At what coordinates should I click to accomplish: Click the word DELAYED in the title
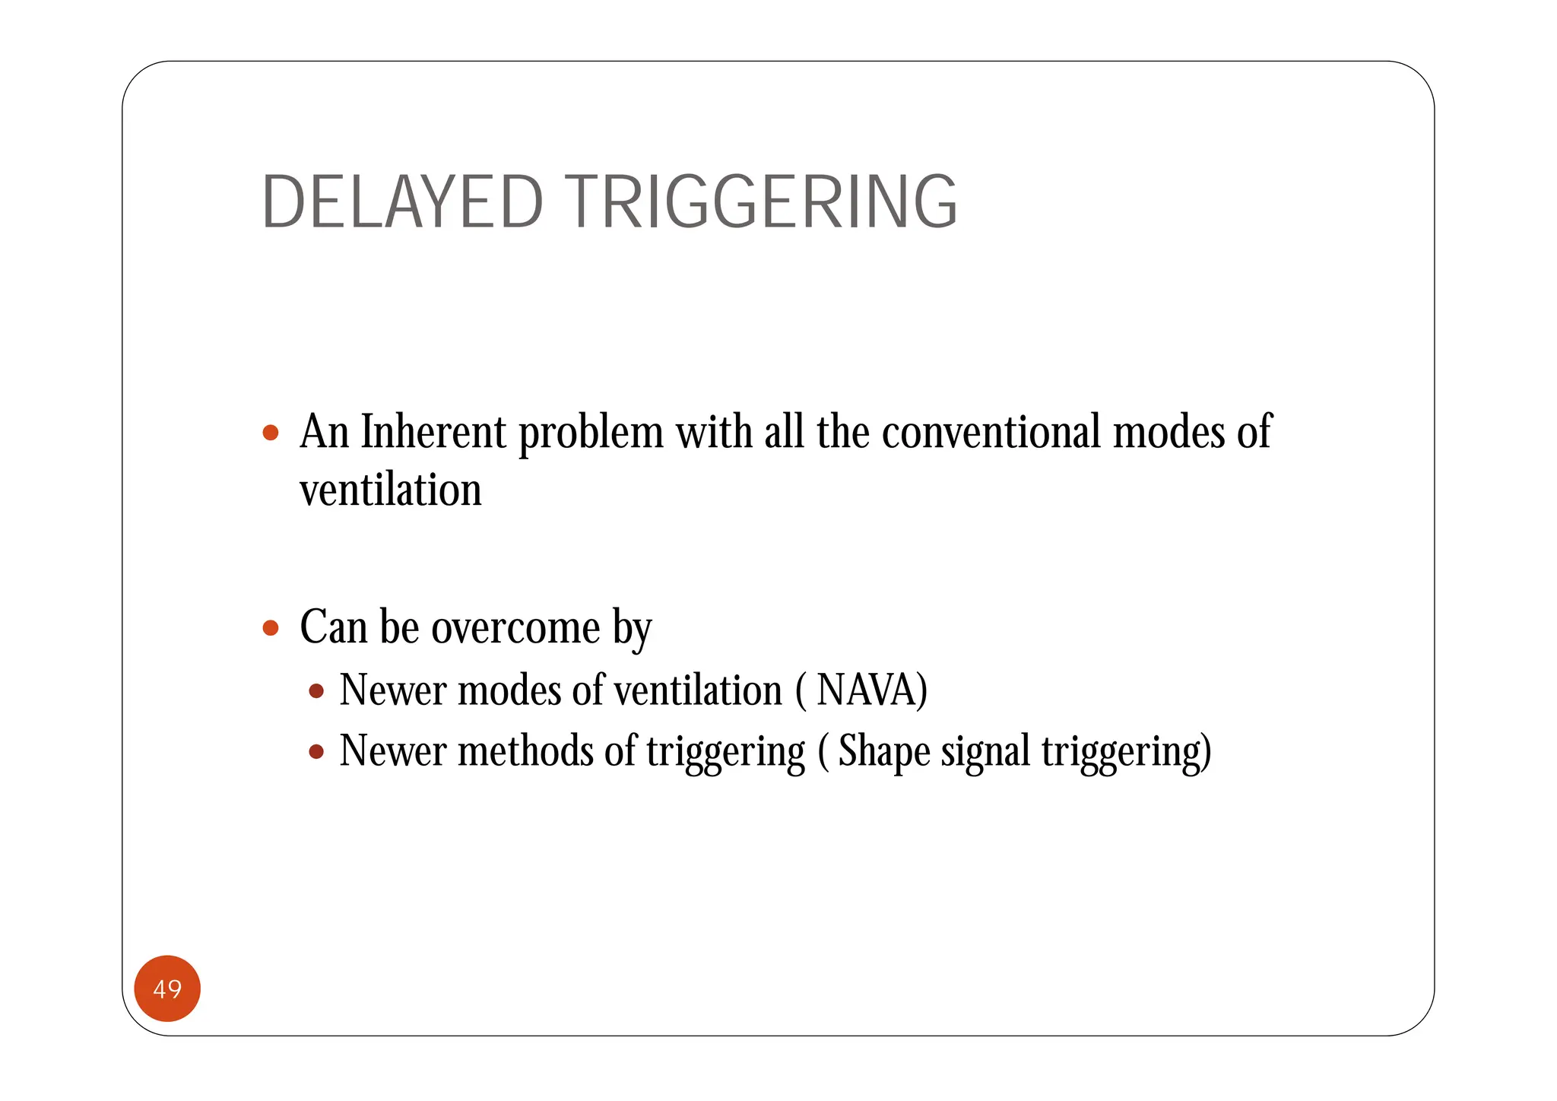coord(402,202)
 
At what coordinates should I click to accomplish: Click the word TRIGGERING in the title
coord(761,202)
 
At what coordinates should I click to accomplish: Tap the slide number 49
coord(167,988)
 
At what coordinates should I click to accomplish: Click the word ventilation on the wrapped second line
coord(391,490)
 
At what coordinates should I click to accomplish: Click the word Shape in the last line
coord(883,751)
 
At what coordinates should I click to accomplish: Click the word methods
coord(525,751)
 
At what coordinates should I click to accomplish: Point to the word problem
coord(591,433)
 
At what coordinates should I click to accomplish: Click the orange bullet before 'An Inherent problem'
coord(271,433)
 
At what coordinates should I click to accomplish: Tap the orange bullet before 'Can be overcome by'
coord(271,628)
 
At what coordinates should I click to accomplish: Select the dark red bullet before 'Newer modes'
coord(317,691)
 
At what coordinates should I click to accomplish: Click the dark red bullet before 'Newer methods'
coord(317,752)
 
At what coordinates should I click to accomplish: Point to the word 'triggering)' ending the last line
coord(1126,751)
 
